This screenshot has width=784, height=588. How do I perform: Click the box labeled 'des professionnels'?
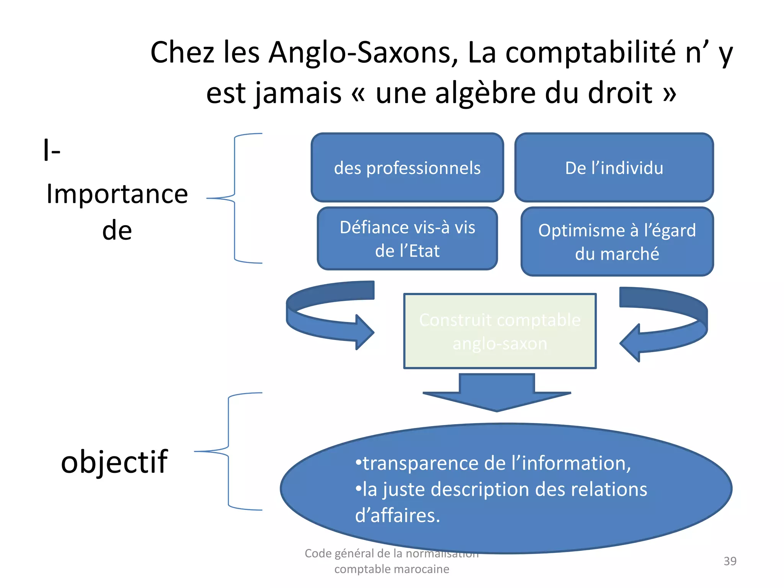pos(407,168)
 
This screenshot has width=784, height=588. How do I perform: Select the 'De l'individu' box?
pos(614,168)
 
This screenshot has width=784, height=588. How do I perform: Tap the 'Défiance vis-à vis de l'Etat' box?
pos(407,239)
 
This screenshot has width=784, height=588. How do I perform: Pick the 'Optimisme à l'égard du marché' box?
pos(617,242)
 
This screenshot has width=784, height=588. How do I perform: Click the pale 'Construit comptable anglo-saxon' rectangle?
pos(500,331)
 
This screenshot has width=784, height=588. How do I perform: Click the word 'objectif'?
pos(114,462)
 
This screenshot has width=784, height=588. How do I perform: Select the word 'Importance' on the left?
pos(117,194)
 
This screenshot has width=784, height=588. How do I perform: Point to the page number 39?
pos(730,561)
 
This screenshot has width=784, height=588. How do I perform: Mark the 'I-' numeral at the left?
pos(52,150)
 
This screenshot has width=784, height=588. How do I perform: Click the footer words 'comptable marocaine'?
pos(392,569)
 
